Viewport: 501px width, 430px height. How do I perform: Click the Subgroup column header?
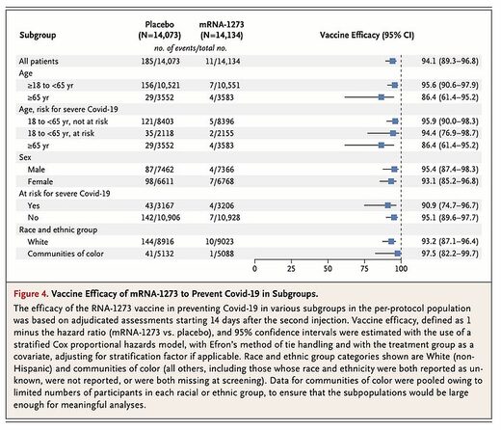coord(38,35)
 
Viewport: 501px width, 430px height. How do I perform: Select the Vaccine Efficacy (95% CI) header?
coord(367,35)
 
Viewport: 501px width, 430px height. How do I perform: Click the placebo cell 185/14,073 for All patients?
coord(161,61)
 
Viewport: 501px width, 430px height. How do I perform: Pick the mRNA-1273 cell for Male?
coord(222,170)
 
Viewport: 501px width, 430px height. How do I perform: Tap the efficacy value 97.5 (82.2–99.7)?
coord(450,254)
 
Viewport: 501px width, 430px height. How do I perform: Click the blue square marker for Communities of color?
coord(398,254)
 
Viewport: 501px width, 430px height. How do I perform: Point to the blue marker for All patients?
coord(392,61)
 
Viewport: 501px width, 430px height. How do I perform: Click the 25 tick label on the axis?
coord(291,269)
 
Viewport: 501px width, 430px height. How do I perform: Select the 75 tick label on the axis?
coord(364,269)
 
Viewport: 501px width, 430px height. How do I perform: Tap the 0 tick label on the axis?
coord(254,269)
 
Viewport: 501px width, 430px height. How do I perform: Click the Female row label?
coord(40,181)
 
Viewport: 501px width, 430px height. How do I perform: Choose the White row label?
coord(38,242)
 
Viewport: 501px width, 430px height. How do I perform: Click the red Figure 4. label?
coord(31,294)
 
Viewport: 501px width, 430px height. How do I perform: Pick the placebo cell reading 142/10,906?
coord(161,218)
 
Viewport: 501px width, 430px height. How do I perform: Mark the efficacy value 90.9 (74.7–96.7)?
coord(450,205)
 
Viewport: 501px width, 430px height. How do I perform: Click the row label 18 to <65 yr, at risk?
coord(61,133)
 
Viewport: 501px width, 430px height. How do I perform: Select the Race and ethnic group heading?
coord(58,229)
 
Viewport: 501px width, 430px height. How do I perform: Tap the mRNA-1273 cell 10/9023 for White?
coord(220,242)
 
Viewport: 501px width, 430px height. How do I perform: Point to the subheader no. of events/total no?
coord(191,48)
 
